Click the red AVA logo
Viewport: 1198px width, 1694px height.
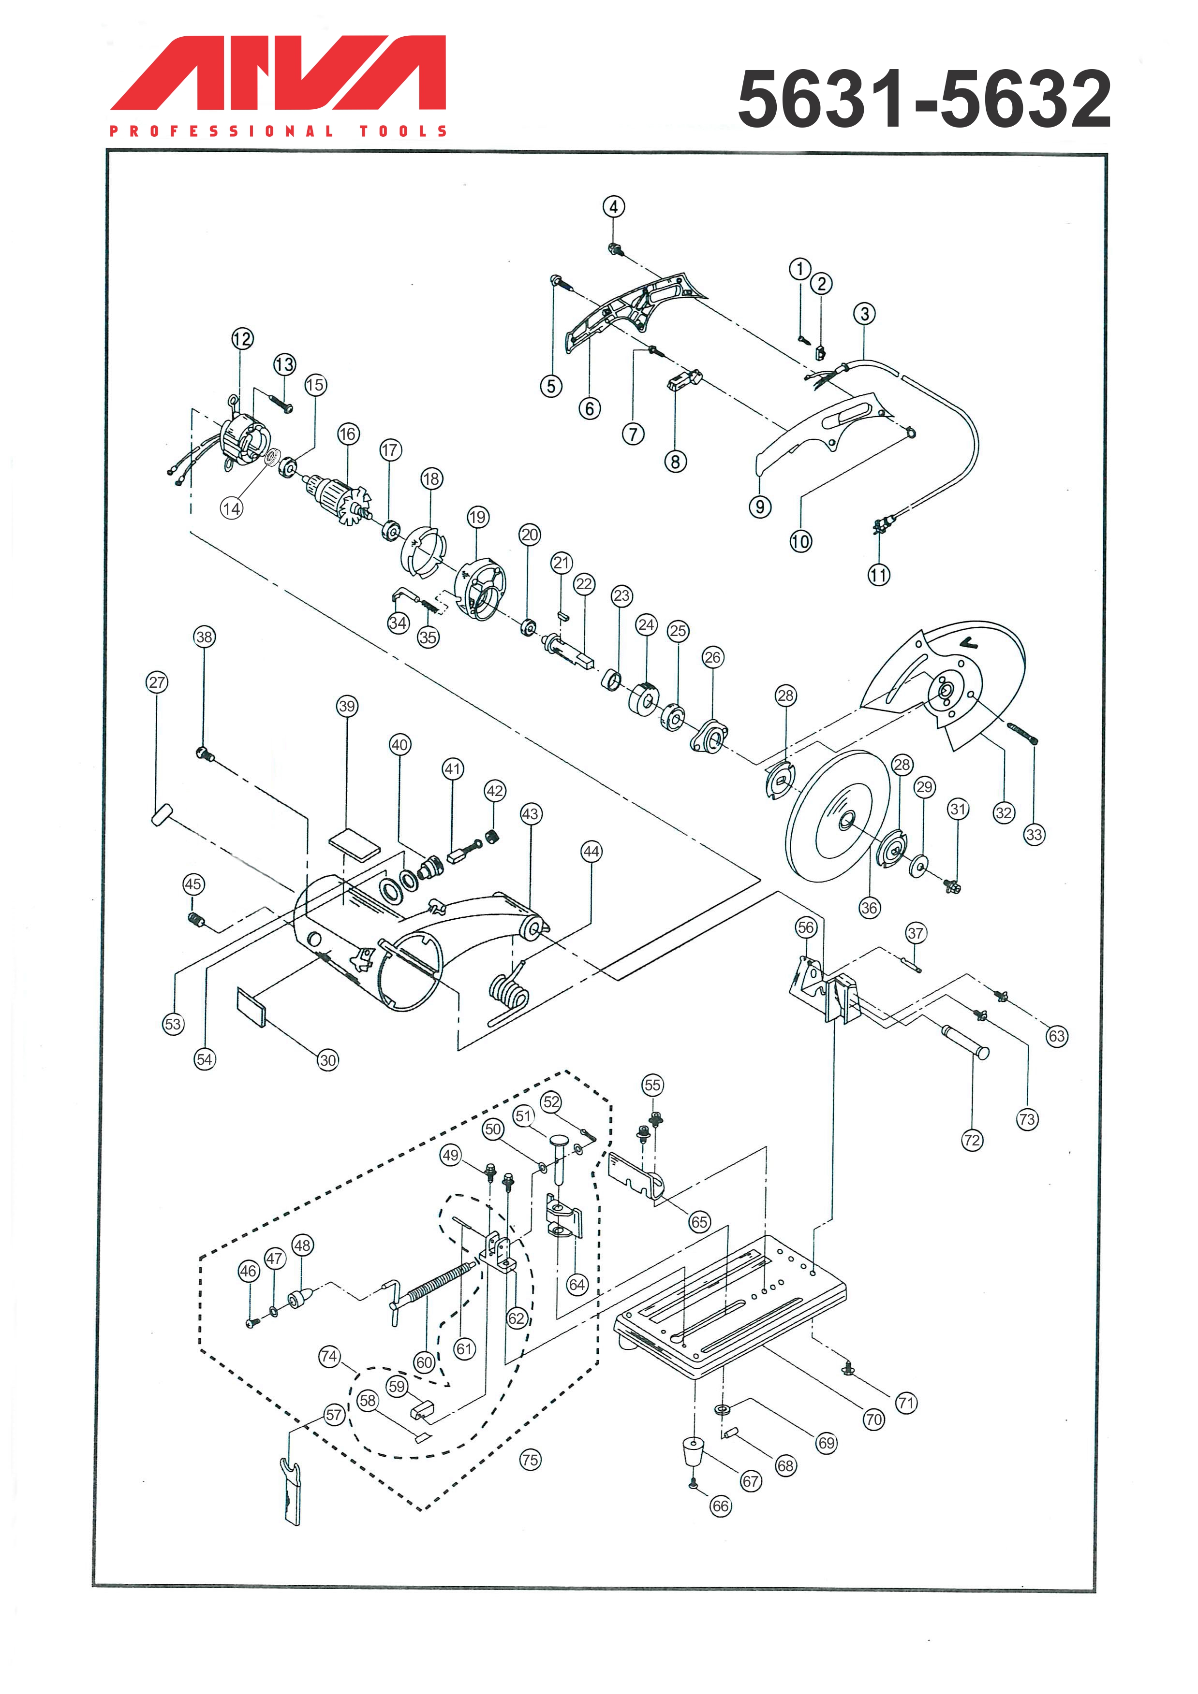coord(278,73)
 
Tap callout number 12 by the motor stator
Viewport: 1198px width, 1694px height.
coord(242,339)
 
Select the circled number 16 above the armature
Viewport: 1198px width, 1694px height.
coord(348,434)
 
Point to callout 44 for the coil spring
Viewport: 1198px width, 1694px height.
coord(591,852)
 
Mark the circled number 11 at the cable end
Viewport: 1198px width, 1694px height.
coord(878,574)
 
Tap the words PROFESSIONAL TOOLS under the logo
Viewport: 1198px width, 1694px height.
coord(278,131)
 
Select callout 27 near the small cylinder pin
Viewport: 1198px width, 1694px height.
coord(157,682)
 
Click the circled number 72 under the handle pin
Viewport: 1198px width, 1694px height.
coord(972,1140)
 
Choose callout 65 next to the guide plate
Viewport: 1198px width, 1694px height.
coord(699,1222)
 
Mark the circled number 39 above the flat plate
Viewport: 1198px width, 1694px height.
coord(347,706)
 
